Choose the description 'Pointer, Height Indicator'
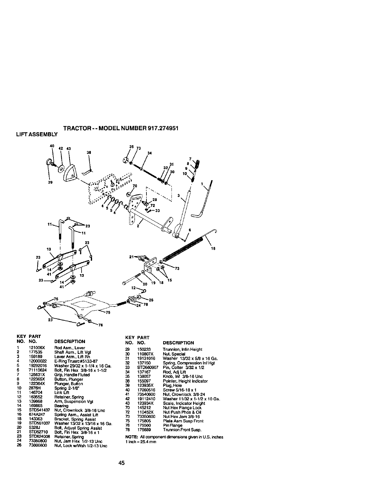185,381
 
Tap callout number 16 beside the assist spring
213,248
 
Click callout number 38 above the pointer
89,153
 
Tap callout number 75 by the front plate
108,312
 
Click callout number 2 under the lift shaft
138,226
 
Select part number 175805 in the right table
143,421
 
